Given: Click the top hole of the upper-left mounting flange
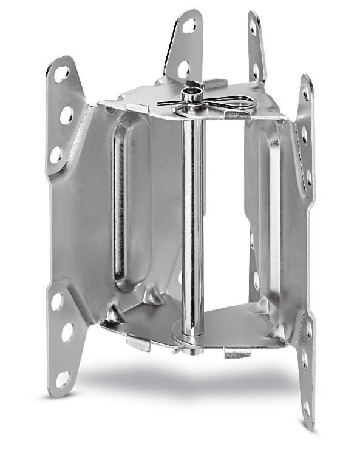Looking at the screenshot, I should coord(61,74).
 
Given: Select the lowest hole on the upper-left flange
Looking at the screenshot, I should coord(56,154).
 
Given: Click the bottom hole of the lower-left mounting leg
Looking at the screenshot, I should coord(63,379).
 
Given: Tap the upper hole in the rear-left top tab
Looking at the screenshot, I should coord(189,25).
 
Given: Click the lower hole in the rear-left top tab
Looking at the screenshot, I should coord(183,69).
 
